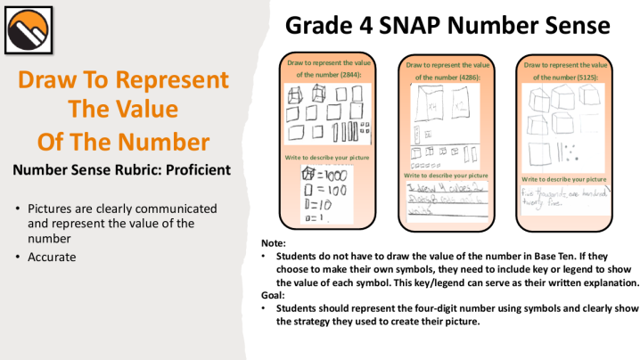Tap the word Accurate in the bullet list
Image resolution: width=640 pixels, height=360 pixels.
coord(53,257)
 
